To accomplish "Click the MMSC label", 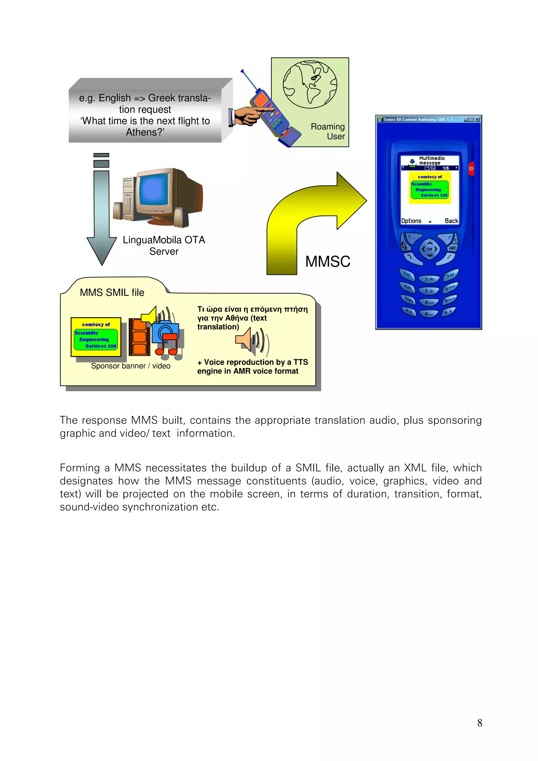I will tap(328, 261).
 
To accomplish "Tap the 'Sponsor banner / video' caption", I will tap(131, 366).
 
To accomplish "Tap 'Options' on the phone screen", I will tap(411, 221).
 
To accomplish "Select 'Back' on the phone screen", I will tap(451, 221).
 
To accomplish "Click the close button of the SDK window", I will tap(477, 120).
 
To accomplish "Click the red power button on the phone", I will tap(471, 169).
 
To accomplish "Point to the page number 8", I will tap(479, 723).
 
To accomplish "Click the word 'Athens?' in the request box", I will tap(145, 132).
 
